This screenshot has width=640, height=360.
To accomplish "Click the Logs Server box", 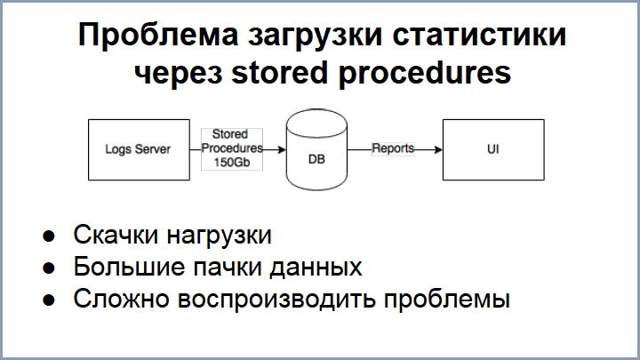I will pyautogui.click(x=138, y=149).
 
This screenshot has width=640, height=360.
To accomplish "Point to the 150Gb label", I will pyautogui.click(x=231, y=164).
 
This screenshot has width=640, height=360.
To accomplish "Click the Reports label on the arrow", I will pyautogui.click(x=393, y=148).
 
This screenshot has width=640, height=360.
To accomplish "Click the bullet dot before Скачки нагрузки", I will pyautogui.click(x=50, y=236).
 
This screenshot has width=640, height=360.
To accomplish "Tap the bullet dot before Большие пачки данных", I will pyautogui.click(x=50, y=268).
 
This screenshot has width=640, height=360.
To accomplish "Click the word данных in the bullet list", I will pyautogui.click(x=316, y=267).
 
